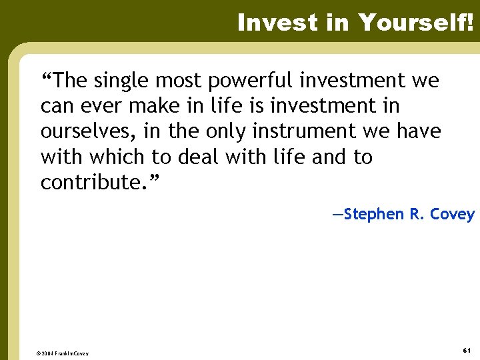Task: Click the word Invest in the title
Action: (269, 23)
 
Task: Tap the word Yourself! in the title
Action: (415, 23)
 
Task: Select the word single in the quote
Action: (120, 81)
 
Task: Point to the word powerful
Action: (251, 81)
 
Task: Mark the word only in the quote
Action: (221, 132)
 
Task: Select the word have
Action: (418, 132)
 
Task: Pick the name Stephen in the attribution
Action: (375, 214)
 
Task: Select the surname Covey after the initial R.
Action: (452, 214)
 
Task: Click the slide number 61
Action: (467, 351)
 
